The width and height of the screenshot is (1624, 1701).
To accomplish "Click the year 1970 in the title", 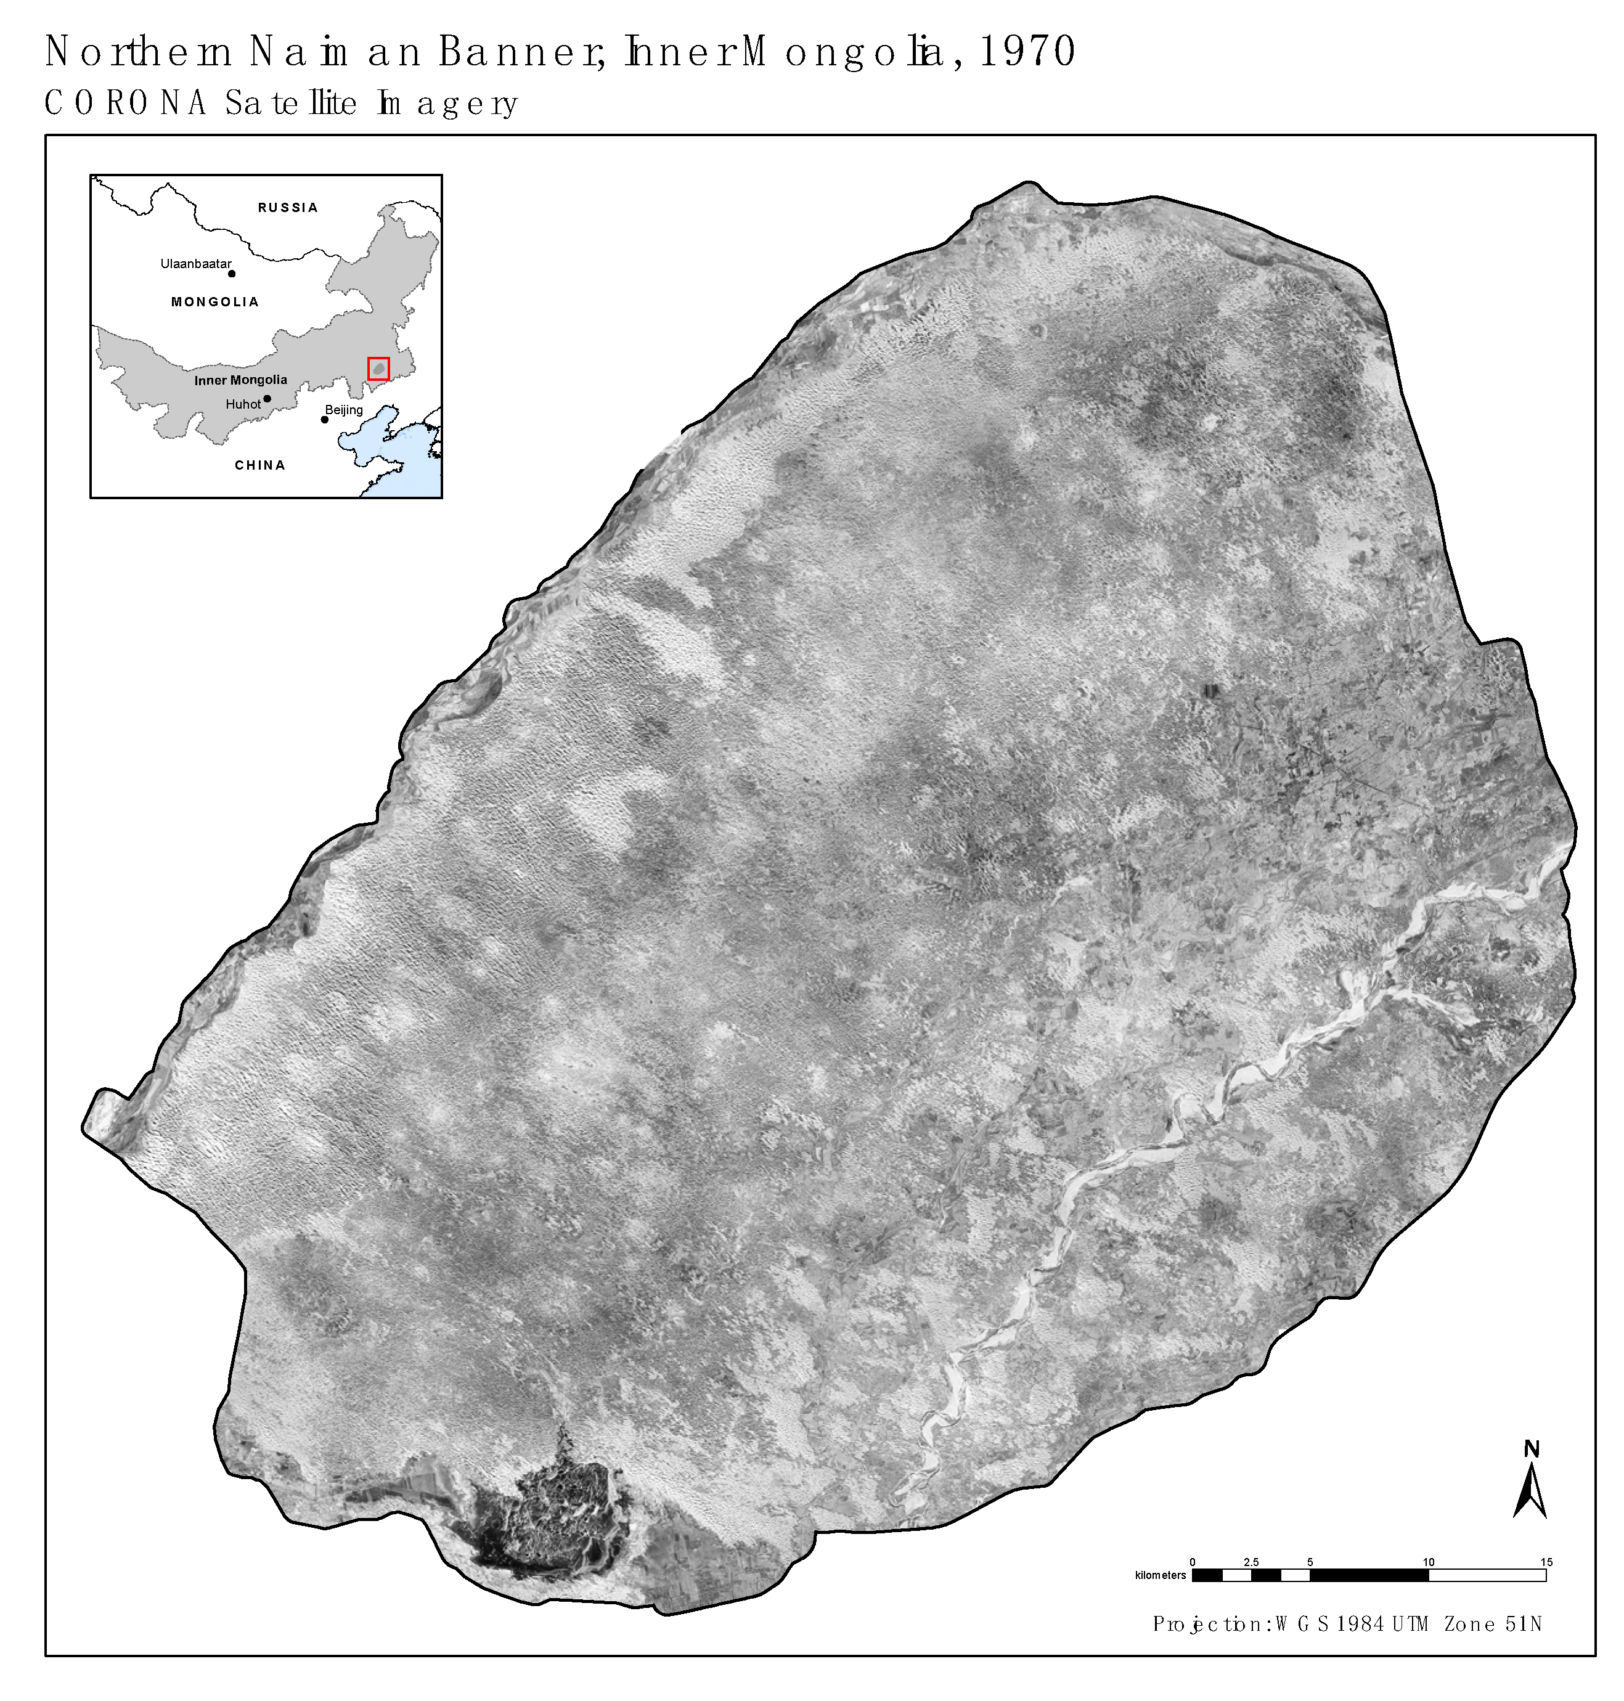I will click(1027, 52).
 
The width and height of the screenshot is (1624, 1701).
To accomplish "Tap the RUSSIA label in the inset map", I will click(287, 208).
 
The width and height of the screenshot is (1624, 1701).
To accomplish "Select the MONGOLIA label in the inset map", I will click(214, 302).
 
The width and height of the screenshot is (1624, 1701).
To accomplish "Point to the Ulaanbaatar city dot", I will click(232, 274).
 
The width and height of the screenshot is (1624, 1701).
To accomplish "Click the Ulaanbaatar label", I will click(195, 264).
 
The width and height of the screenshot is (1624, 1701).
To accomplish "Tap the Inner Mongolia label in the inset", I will click(240, 380).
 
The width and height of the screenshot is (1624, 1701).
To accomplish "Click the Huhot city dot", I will click(267, 399).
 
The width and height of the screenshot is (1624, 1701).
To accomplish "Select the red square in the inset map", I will click(378, 369).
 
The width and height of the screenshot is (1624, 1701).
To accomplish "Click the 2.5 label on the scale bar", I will click(1251, 1562).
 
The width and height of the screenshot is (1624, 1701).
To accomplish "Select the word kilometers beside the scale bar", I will click(1160, 1575).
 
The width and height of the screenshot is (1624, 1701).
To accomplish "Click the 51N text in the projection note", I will click(1524, 1625).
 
